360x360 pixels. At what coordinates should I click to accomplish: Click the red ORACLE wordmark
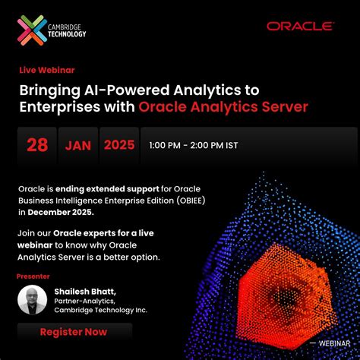[x=300, y=27]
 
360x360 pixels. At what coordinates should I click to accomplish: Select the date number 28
[x=37, y=145]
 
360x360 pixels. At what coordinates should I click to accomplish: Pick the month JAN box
[x=76, y=145]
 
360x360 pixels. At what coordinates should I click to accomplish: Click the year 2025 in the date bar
[x=119, y=145]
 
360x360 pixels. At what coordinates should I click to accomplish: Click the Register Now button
[x=74, y=332]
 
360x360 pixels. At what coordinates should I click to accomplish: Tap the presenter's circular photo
[x=32, y=300]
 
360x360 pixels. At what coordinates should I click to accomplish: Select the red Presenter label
[x=35, y=277]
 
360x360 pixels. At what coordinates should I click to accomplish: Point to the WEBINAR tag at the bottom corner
[x=336, y=343]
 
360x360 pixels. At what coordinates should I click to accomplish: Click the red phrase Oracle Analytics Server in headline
[x=223, y=107]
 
